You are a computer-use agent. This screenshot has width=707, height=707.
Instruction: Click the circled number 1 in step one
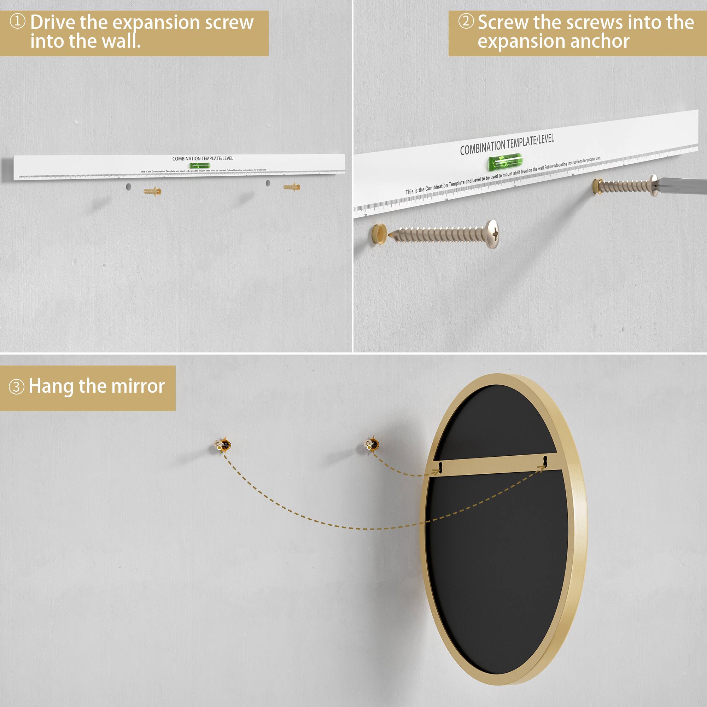click(17, 21)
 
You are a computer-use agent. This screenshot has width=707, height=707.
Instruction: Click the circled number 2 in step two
click(466, 21)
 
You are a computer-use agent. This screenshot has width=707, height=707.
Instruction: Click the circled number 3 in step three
click(17, 387)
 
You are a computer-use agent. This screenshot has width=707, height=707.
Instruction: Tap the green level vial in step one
click(199, 166)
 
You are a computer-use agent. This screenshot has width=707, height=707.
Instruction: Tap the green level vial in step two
click(505, 163)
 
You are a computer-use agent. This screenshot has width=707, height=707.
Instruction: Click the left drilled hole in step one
click(128, 187)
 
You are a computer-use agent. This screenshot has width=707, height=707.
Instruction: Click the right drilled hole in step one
click(268, 183)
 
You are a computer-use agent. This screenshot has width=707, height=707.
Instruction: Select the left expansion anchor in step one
click(152, 191)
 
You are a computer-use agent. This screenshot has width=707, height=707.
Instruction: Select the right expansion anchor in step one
click(292, 187)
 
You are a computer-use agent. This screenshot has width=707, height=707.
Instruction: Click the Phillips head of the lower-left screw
click(493, 233)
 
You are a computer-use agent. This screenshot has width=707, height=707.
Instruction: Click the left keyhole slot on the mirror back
click(441, 467)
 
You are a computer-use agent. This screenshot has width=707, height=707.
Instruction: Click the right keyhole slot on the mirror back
click(545, 461)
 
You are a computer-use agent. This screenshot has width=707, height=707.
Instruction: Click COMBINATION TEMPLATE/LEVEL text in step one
click(202, 158)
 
